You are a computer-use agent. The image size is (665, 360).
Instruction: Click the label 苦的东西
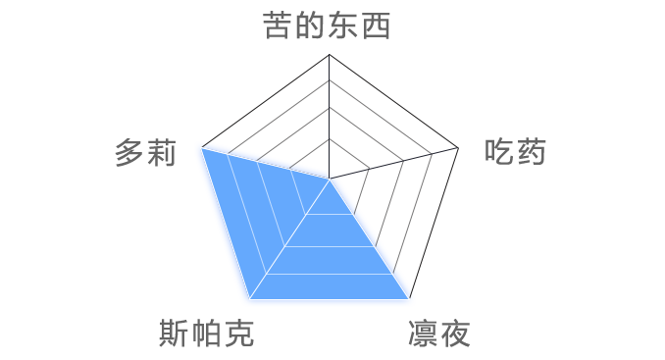[328, 25]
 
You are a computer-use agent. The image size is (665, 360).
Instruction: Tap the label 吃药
[515, 152]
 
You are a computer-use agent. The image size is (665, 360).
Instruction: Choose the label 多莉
[145, 153]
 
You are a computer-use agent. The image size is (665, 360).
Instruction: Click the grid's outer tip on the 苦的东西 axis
[330, 54]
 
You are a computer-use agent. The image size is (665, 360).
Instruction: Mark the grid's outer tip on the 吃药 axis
[459, 148]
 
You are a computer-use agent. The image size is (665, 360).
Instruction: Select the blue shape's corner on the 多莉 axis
[202, 148]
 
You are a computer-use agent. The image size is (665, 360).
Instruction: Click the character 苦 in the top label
[278, 25]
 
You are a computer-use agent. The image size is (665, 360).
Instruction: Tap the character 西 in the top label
[377, 25]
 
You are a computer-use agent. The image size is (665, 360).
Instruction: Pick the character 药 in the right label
[531, 152]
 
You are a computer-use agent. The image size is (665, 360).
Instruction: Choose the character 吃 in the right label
[499, 152]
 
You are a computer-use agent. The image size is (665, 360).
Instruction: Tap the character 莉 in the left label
[162, 153]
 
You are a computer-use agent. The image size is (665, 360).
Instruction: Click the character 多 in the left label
[129, 153]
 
